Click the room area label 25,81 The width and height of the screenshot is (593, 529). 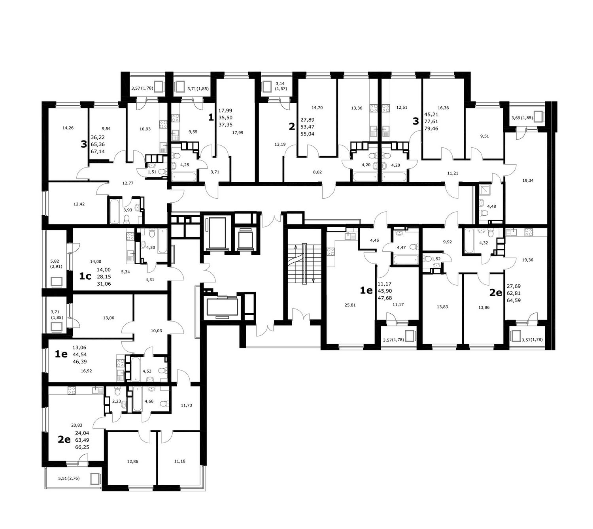click(x=350, y=305)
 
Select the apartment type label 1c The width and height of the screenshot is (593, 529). click(x=85, y=276)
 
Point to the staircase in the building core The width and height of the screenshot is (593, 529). click(x=304, y=264)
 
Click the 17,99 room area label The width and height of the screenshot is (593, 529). click(x=238, y=132)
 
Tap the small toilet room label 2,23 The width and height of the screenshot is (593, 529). click(x=117, y=401)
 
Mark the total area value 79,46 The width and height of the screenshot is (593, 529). click(x=431, y=128)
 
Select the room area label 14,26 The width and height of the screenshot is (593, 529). click(x=68, y=128)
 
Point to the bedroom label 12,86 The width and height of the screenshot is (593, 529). click(x=132, y=461)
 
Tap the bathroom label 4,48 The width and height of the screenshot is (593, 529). click(x=491, y=206)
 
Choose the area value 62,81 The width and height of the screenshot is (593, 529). click(x=514, y=293)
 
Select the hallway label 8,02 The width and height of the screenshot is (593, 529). click(x=317, y=172)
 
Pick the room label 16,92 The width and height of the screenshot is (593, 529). click(x=86, y=371)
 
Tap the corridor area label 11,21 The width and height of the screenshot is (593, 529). click(x=453, y=173)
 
